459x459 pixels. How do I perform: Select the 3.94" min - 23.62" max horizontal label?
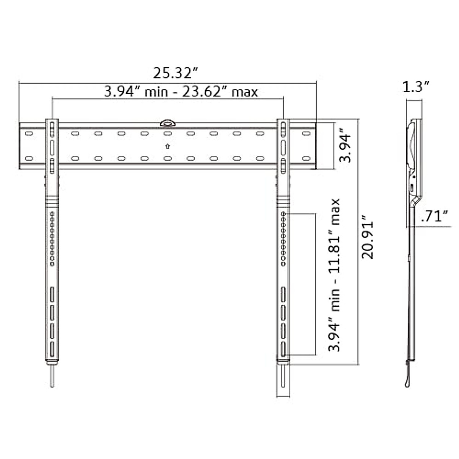tap(181, 92)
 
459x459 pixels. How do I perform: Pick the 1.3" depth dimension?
tap(417, 87)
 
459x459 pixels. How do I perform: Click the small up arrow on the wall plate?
tap(168, 146)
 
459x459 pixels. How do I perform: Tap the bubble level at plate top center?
tap(168, 123)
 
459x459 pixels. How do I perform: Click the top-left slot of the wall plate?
tap(29, 133)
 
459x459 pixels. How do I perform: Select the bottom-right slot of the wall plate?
tap(306, 158)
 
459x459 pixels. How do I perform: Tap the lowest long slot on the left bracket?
tap(52, 349)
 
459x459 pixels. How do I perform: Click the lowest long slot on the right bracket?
tap(283, 349)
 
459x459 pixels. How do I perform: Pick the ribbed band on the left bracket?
tap(52, 202)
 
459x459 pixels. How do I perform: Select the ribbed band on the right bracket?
tap(283, 202)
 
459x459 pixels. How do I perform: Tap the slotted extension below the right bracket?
tap(283, 381)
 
